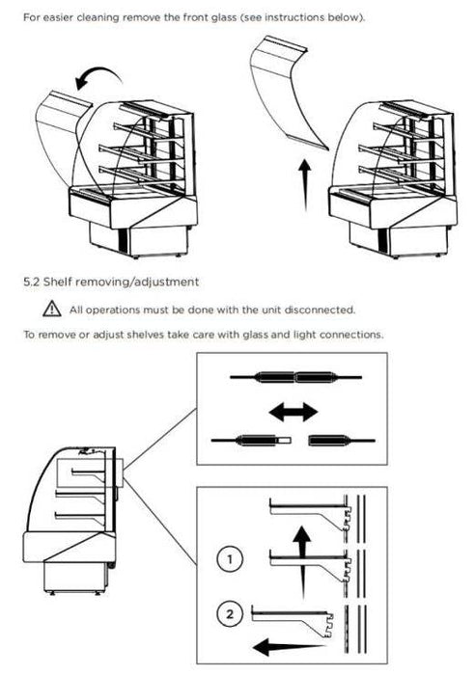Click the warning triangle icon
coord(52,309)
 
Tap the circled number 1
coord(230,559)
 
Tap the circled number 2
coord(230,613)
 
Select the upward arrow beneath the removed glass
coord(305,185)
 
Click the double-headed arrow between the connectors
coord(293,412)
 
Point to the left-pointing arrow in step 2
coord(288,647)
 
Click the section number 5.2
coord(32,282)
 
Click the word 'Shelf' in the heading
coord(58,282)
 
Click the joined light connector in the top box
coord(294,377)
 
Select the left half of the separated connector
coord(251,441)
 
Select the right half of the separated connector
coord(342,441)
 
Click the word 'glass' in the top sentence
coord(221,18)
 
